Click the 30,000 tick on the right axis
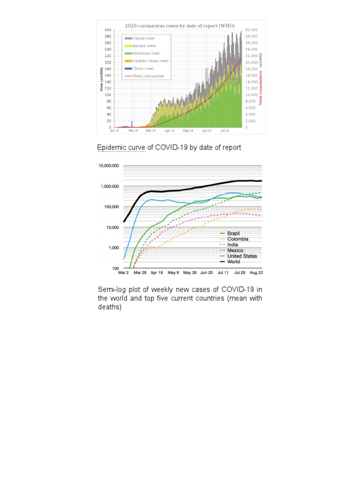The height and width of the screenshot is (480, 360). [252, 30]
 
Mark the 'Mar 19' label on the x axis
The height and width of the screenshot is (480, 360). [151, 131]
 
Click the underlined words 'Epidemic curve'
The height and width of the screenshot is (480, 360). [121, 148]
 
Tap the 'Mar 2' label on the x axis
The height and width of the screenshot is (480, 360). [124, 272]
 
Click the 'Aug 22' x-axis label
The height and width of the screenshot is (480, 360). [255, 272]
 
